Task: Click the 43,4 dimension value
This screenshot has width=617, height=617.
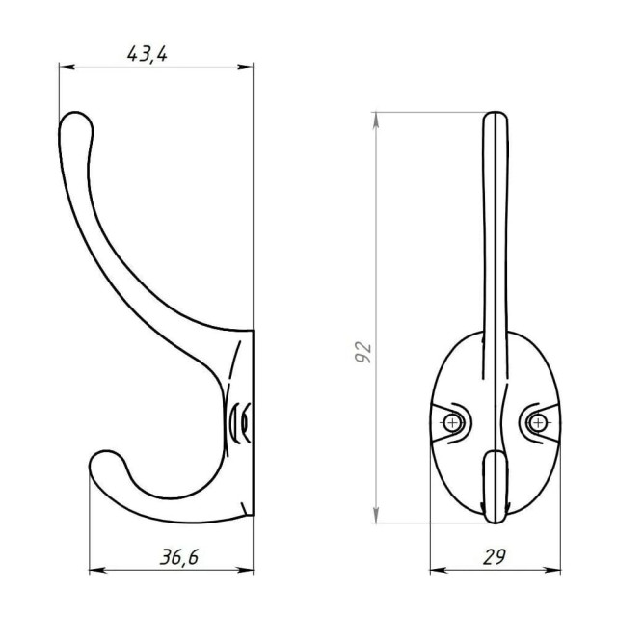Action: point(148,54)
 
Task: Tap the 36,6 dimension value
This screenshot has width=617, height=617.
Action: point(179,557)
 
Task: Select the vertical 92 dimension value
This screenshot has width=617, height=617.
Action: point(362,352)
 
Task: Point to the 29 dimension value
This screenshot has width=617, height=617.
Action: point(495,557)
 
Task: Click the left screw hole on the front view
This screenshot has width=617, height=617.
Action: point(452,423)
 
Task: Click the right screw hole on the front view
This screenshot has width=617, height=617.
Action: point(538,423)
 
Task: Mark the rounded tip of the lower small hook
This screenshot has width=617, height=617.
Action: point(103,461)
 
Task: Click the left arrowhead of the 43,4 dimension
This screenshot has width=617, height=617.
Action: point(67,67)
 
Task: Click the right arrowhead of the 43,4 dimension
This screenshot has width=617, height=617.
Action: point(246,67)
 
